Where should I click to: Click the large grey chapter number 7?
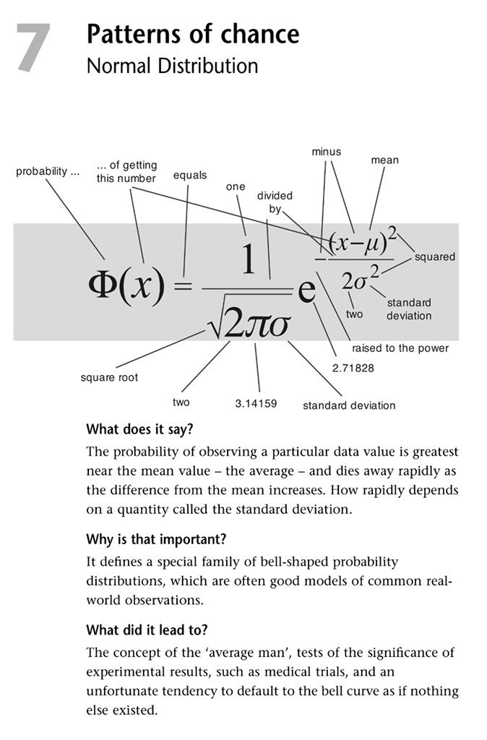34,48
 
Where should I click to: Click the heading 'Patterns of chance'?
192,34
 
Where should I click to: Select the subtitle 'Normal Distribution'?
172,66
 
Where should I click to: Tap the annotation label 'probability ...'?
48,172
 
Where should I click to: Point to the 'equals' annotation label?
190,175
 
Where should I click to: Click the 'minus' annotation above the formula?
326,152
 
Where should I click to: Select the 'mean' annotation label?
384,160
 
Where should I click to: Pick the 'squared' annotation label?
435,257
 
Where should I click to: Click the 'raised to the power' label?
400,348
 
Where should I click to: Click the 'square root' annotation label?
109,377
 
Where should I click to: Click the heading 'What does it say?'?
139,429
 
